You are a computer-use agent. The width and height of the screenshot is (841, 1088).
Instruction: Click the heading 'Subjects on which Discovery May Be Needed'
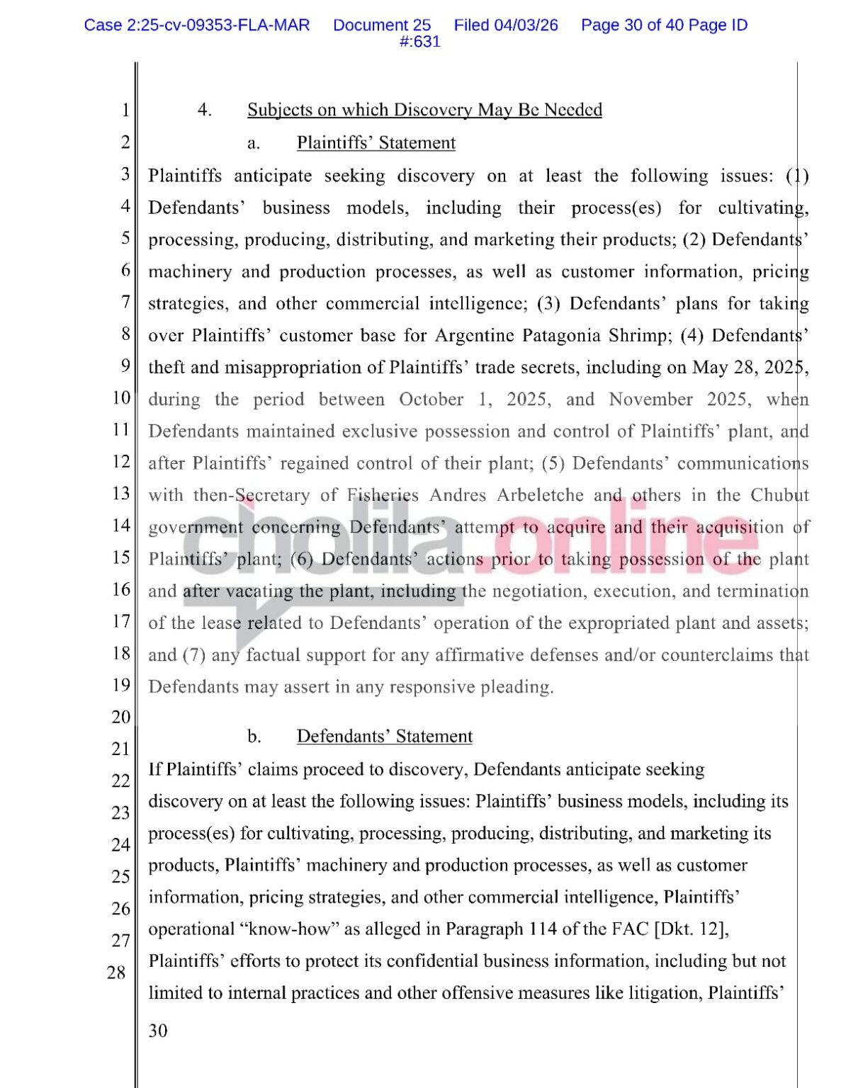424,110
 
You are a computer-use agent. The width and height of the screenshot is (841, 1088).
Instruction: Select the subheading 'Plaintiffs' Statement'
376,143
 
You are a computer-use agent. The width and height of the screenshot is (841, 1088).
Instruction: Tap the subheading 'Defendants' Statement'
384,737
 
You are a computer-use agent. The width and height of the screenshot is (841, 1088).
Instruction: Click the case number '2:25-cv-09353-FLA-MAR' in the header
218,25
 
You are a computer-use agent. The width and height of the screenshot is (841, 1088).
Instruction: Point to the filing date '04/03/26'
526,25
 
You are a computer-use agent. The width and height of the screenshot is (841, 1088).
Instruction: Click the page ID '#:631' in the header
420,42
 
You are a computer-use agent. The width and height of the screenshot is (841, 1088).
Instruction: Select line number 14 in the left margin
122,526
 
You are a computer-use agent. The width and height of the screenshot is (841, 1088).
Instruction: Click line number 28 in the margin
117,973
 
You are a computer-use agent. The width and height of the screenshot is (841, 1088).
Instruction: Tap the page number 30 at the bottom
158,1031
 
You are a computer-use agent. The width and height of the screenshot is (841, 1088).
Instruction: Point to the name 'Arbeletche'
540,495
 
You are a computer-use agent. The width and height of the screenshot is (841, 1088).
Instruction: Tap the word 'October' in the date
431,399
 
